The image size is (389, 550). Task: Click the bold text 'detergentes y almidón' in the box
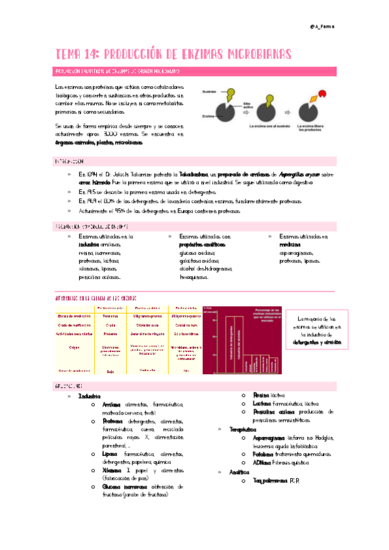316,341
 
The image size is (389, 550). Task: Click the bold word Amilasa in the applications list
113,405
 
